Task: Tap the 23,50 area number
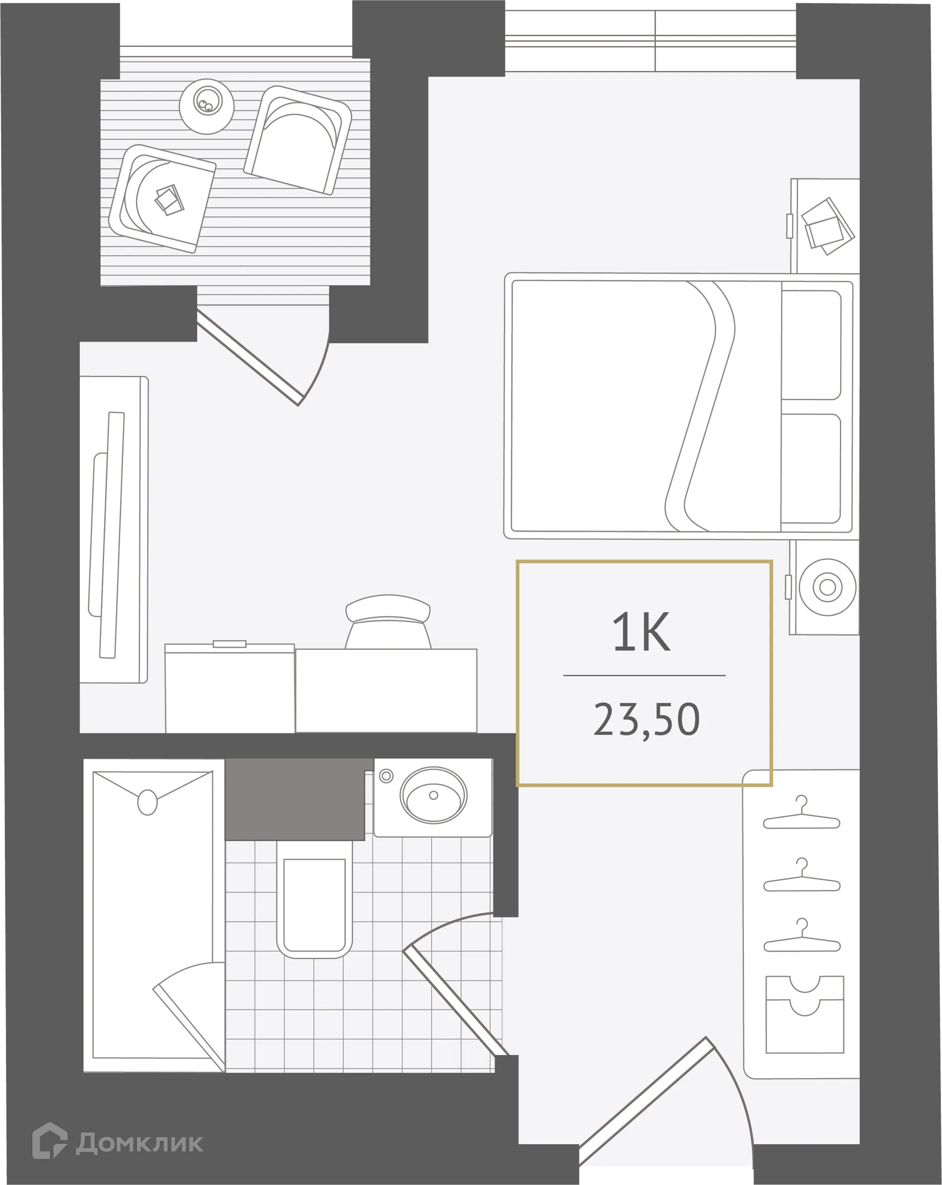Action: (646, 720)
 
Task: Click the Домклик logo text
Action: (139, 1143)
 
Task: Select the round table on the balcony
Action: (207, 106)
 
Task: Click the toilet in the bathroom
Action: (314, 903)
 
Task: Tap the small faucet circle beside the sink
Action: (386, 776)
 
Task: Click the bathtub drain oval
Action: (147, 802)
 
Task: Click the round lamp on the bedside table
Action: (827, 587)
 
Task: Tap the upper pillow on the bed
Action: (811, 345)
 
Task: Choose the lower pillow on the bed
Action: (811, 469)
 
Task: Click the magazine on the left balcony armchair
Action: (169, 200)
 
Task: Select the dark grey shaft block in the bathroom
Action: (295, 799)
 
